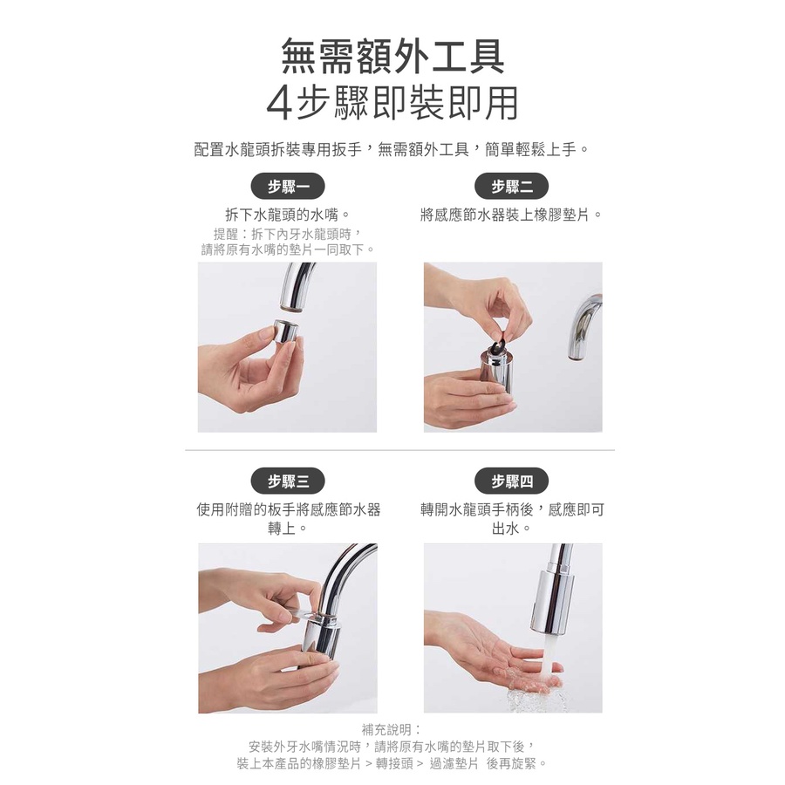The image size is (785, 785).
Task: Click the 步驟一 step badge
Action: pos(288,187)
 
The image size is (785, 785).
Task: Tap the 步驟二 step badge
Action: pos(512,187)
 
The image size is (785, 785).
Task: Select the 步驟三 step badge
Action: pos(288,481)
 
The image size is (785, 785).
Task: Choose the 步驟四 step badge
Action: pos(512,481)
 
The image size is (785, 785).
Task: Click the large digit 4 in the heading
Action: pos(280,105)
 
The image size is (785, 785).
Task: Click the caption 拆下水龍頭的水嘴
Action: pos(283,215)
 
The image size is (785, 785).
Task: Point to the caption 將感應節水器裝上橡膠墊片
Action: pos(505,215)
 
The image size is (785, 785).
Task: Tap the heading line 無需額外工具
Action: pos(392,57)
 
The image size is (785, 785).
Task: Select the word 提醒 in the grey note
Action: pos(226,234)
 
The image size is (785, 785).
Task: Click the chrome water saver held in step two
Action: pos(495,374)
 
